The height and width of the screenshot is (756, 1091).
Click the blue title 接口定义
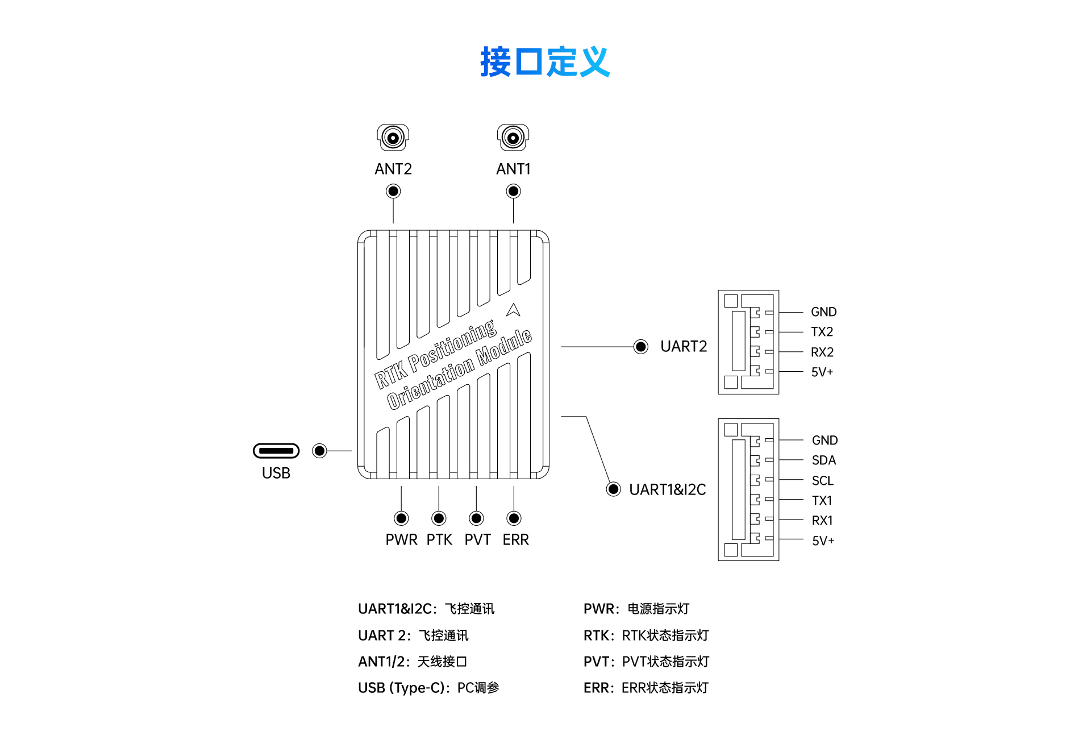click(x=545, y=61)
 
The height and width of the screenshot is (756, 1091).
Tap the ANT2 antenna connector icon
click(x=393, y=137)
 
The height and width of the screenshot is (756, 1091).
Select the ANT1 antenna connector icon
click(x=513, y=137)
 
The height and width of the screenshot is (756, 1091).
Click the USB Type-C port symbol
click(x=276, y=451)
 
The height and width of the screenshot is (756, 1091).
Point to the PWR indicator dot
click(x=401, y=518)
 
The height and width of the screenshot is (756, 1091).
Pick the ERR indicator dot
click(x=514, y=518)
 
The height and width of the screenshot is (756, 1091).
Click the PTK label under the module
click(x=439, y=539)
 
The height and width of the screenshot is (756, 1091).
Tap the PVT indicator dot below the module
click(x=476, y=518)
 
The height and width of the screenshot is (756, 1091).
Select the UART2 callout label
click(x=684, y=346)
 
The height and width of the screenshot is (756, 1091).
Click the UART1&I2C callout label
click(x=667, y=489)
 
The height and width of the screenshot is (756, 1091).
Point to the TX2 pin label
click(x=822, y=332)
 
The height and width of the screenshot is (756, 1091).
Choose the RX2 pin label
click(x=822, y=352)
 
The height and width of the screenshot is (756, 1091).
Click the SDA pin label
click(x=823, y=460)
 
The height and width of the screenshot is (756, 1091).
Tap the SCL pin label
click(x=822, y=481)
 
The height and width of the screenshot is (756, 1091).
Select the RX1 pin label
click(x=822, y=521)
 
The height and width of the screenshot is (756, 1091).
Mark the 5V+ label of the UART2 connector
click(x=822, y=372)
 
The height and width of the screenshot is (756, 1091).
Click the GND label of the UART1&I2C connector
click(x=825, y=441)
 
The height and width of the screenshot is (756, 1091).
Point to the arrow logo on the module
click(x=513, y=310)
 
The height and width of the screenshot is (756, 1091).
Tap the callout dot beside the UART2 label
click(x=640, y=347)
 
